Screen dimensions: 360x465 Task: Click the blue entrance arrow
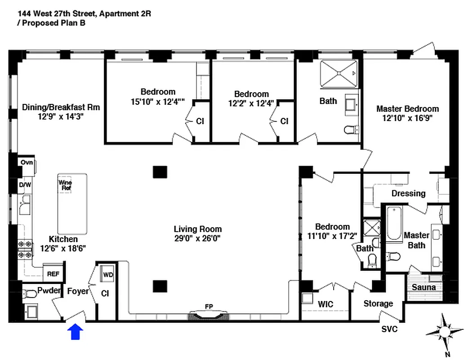click(76, 332)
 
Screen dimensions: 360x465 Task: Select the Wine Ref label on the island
click(65, 185)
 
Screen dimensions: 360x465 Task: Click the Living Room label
click(198, 229)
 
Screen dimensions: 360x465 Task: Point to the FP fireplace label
click(209, 306)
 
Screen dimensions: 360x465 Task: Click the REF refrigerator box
click(54, 273)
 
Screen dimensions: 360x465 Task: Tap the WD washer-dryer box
click(108, 274)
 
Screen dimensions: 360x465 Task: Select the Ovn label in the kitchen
click(27, 162)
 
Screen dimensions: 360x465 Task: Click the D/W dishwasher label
click(24, 184)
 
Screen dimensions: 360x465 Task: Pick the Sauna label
click(424, 287)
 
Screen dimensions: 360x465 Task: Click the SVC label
click(389, 329)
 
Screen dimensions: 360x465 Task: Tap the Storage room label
click(378, 304)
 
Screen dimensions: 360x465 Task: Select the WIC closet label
click(325, 305)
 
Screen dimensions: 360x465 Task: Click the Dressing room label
click(408, 193)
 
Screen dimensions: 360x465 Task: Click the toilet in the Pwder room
click(31, 294)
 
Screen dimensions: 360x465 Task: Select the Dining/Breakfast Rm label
click(61, 107)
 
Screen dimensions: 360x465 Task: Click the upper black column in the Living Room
click(160, 172)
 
